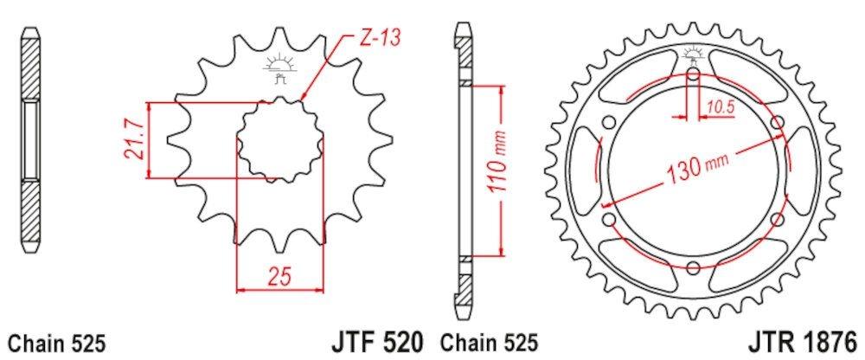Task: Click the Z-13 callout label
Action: [x=381, y=38]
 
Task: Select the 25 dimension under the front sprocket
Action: [x=279, y=277]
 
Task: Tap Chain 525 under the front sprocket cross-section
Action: [x=57, y=344]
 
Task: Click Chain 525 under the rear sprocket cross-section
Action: [x=489, y=344]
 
